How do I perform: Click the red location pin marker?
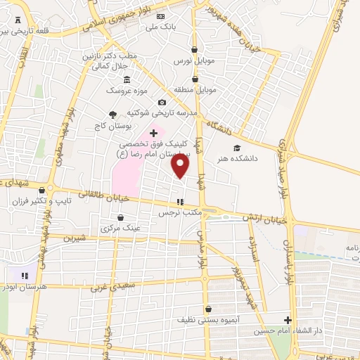coord(181,166)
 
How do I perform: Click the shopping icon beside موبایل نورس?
coord(195,49)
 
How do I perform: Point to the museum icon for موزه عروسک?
coord(127,79)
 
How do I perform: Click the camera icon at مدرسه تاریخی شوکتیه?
coord(162,102)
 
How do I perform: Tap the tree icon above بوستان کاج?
coord(112,114)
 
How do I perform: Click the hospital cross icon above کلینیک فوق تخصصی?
coord(154,132)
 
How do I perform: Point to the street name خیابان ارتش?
coord(266,219)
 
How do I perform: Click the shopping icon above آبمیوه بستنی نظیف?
coord(208,309)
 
